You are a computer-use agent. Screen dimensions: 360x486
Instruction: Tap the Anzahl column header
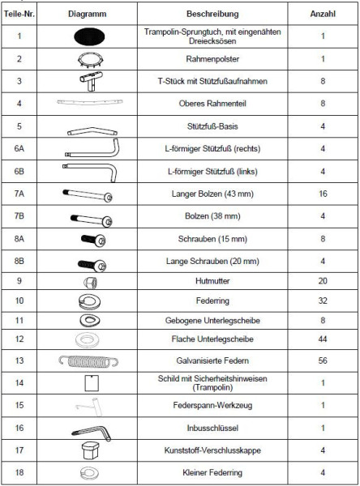322,15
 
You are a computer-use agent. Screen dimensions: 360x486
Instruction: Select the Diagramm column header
89,15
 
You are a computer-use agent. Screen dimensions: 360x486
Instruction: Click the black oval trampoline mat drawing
91,36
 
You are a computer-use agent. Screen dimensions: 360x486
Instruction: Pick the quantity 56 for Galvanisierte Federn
322,360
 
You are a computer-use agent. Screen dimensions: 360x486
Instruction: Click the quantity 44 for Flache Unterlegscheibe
322,339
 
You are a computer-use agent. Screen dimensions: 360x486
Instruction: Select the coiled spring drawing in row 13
91,360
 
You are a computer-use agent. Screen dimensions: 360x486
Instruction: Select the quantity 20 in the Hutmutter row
322,281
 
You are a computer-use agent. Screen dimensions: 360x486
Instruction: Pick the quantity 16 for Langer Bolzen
322,194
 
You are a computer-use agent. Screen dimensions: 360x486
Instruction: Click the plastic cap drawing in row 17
91,450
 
